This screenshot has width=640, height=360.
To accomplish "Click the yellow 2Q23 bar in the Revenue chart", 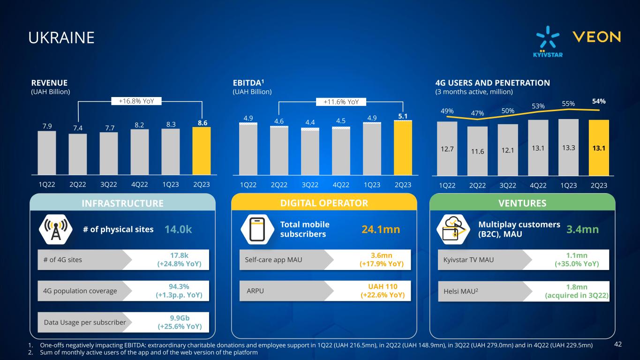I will point(201,150).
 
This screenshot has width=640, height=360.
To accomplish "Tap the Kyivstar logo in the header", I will point(548,42).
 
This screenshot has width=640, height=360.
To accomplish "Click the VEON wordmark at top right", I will point(597,37).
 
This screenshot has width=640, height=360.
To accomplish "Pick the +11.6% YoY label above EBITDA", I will point(341,101).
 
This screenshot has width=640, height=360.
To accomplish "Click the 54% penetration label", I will point(599,101).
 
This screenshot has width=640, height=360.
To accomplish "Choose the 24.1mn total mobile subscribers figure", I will point(381,229).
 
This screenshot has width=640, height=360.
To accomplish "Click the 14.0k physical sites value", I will point(178,229).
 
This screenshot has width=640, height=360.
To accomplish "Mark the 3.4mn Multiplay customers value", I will point(582,229).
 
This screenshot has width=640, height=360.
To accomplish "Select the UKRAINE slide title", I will point(61,38).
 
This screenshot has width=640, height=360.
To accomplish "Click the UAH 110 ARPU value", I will point(382,291).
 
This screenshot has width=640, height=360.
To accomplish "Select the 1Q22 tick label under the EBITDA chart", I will point(248,185).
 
